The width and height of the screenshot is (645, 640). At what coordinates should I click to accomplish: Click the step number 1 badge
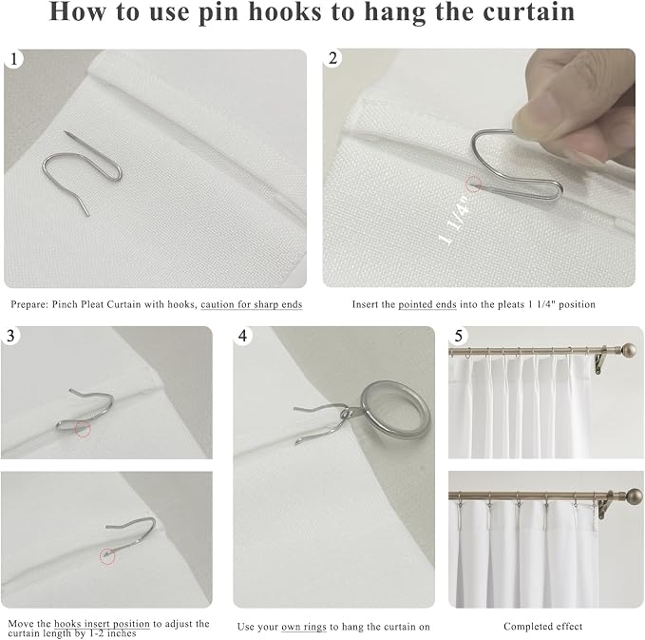click(13, 59)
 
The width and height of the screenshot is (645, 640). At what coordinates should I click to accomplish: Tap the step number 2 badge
click(332, 58)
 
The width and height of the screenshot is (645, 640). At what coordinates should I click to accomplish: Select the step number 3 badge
click(10, 336)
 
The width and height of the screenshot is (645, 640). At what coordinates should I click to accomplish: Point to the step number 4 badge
click(242, 336)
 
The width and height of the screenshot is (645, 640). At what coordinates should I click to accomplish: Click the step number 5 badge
click(458, 336)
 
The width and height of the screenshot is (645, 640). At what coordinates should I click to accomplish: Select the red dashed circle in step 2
click(473, 184)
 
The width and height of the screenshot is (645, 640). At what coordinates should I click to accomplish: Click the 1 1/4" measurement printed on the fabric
click(455, 221)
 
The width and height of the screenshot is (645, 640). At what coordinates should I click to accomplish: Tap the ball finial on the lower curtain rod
click(634, 495)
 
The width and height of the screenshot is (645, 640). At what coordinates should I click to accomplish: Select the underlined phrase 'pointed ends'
click(427, 304)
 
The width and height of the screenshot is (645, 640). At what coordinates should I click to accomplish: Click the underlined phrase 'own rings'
click(304, 627)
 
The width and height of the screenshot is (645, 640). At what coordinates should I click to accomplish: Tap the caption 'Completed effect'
click(542, 627)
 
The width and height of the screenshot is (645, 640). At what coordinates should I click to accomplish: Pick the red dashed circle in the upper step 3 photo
click(83, 429)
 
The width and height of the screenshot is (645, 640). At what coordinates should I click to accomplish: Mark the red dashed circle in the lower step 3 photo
click(107, 556)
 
